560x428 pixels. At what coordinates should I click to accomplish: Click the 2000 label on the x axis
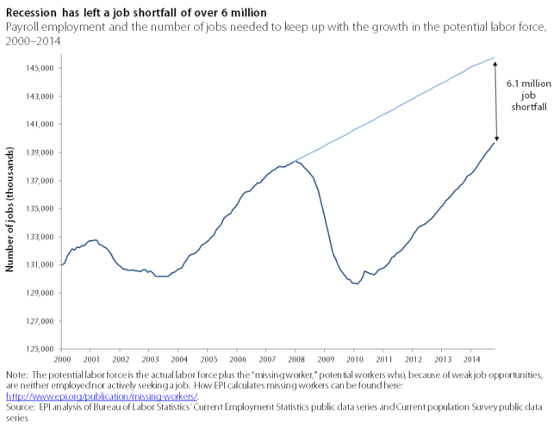(x=61, y=358)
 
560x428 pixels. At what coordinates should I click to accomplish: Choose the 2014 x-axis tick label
(x=471, y=358)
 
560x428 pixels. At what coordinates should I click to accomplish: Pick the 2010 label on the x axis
(x=354, y=358)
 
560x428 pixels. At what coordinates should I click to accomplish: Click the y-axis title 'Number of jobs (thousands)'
(x=11, y=208)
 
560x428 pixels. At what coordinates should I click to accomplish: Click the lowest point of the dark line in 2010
(x=354, y=283)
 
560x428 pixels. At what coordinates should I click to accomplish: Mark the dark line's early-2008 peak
(x=295, y=161)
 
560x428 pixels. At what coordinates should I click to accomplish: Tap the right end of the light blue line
(x=494, y=58)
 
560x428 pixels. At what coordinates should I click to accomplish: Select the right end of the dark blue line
(x=494, y=143)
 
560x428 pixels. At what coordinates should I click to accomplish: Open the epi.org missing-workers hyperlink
(x=102, y=396)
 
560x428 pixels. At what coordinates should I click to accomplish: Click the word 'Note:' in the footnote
(x=16, y=376)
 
